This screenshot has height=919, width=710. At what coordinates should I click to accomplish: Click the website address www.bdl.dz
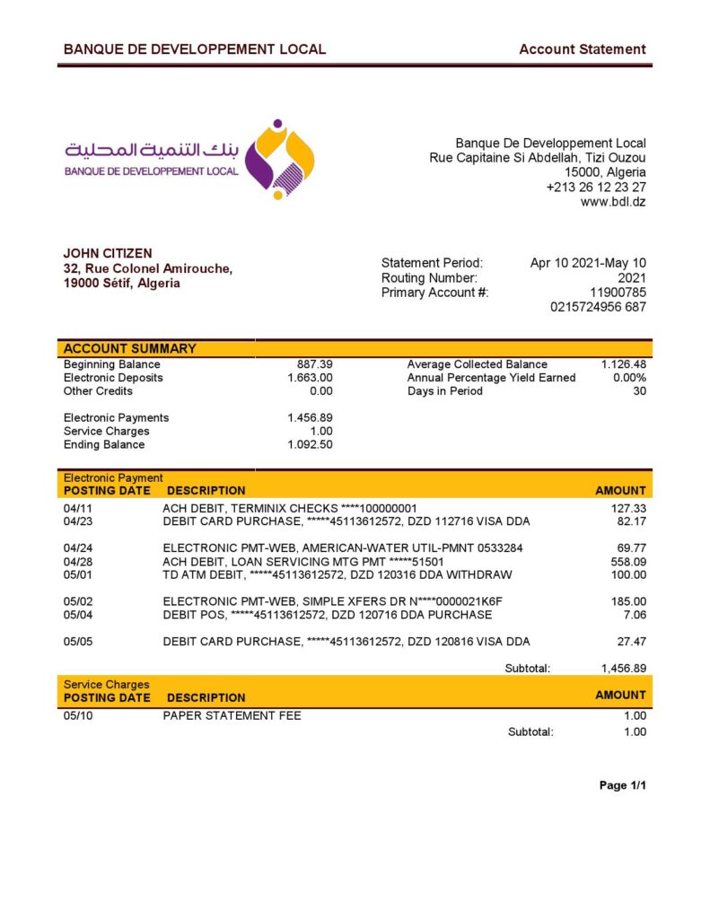[x=613, y=202]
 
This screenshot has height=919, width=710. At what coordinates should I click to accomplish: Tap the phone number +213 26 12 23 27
[x=596, y=188]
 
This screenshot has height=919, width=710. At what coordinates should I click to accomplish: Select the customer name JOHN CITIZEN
[x=108, y=254]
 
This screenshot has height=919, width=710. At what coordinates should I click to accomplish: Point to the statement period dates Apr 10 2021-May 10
[x=588, y=263]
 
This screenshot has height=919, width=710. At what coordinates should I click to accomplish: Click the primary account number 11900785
[x=618, y=293]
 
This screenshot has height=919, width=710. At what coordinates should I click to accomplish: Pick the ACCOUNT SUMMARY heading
[x=130, y=349]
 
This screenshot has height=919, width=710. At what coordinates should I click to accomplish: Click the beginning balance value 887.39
[x=314, y=364]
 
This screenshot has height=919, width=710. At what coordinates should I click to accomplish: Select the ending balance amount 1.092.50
[x=310, y=445]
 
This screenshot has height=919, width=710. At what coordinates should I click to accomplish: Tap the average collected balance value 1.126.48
[x=623, y=364]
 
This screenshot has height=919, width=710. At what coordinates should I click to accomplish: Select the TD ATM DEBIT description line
[x=337, y=575]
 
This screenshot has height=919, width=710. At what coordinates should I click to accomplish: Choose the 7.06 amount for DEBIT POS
[x=634, y=615]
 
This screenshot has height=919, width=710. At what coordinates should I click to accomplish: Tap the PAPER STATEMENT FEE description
[x=232, y=716]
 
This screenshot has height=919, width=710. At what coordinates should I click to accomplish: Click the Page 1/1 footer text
[x=622, y=786]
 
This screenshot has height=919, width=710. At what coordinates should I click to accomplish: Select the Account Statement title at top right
[x=582, y=49]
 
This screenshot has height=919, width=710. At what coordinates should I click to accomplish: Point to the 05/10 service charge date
[x=78, y=716]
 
